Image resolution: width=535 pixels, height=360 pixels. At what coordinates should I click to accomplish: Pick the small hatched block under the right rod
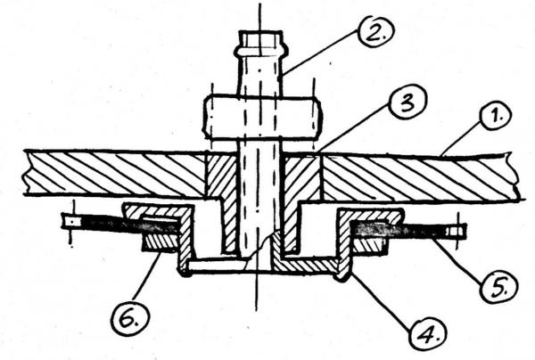click(371, 242)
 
